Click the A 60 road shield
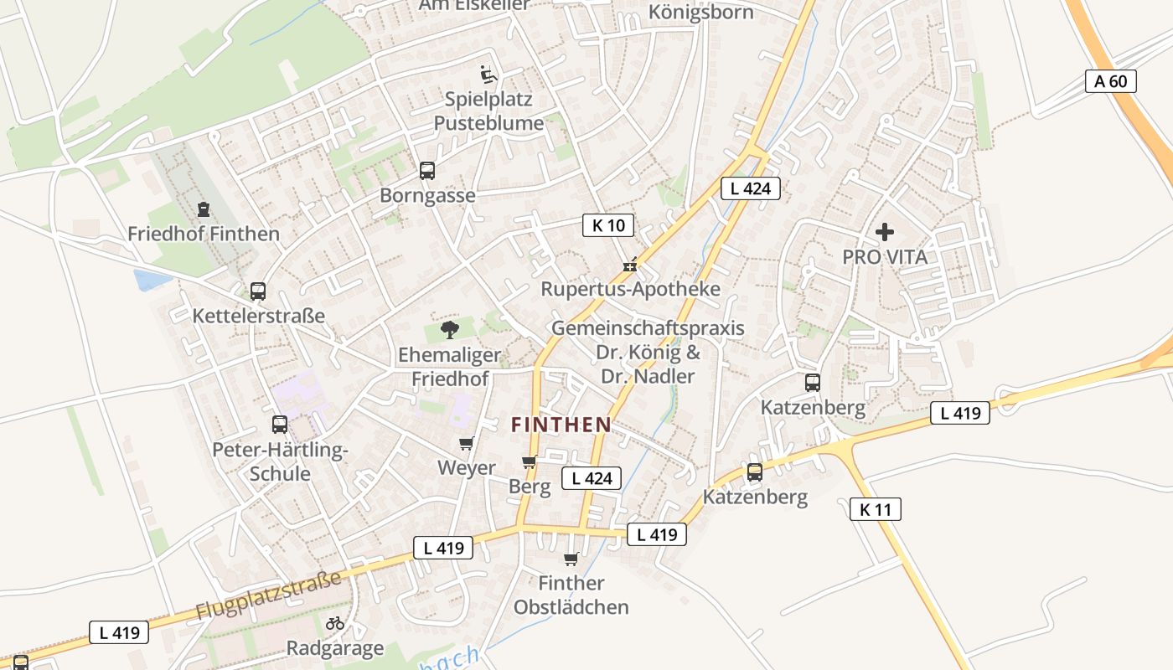[1111, 81]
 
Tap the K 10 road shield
[608, 224]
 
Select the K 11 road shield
[875, 508]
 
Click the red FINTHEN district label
[561, 425]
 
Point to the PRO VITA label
[885, 257]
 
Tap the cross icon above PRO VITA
[885, 232]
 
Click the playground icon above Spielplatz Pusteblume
[488, 75]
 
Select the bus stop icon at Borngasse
[427, 171]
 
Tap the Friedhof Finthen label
[204, 234]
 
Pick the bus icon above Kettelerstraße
[258, 291]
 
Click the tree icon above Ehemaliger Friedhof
[450, 329]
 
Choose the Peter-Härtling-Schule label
[280, 461]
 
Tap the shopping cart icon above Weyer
[466, 444]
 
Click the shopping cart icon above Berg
[529, 462]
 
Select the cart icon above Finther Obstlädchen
[571, 559]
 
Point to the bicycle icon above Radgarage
[335, 623]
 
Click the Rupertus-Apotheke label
[630, 289]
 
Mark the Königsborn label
[700, 13]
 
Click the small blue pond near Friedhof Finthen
[151, 280]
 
